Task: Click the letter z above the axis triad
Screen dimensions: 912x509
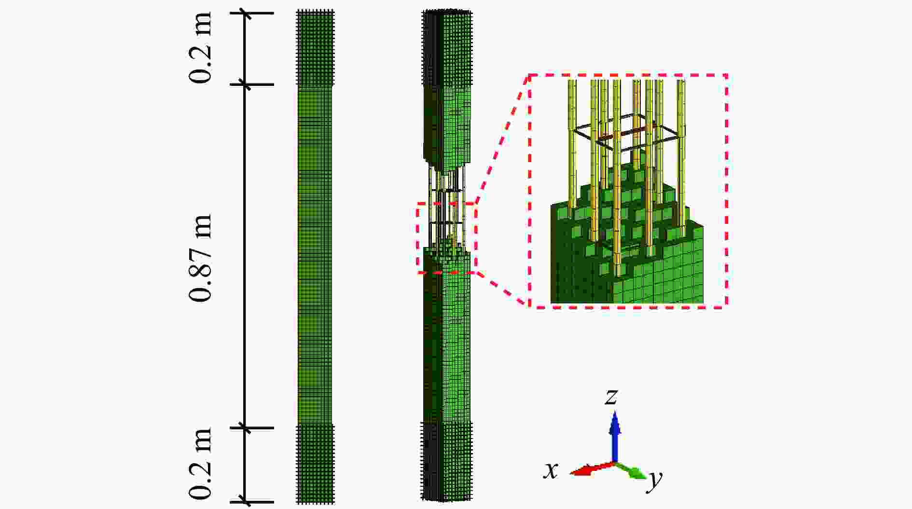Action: (611, 397)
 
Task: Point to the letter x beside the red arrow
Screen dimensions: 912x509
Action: (551, 470)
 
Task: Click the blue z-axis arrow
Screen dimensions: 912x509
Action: (614, 437)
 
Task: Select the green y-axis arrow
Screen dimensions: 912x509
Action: (631, 470)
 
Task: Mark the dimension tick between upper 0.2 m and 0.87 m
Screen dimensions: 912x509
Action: (247, 85)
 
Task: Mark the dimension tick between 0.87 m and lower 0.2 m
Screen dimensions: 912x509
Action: (247, 427)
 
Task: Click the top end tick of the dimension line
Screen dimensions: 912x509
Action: (247, 13)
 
